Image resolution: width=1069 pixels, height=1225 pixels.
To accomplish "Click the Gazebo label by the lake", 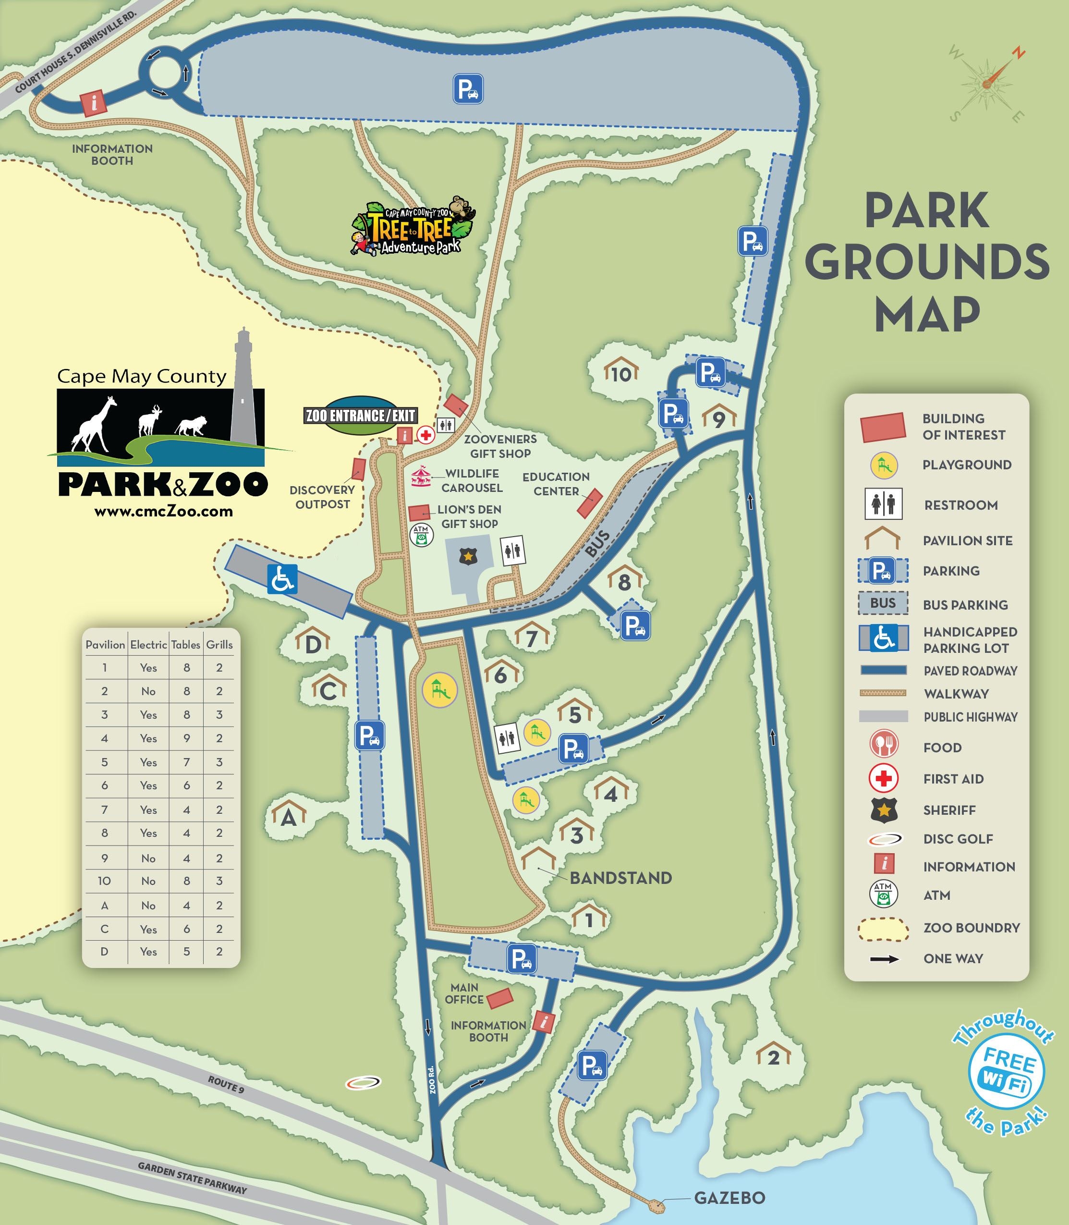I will pyautogui.click(x=729, y=1198).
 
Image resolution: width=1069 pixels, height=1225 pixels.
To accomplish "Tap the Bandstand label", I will pyautogui.click(x=620, y=878).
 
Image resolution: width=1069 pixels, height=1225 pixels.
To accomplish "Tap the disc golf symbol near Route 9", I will pyautogui.click(x=363, y=1082).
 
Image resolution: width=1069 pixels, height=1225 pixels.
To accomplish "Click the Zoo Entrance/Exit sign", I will pyautogui.click(x=360, y=415).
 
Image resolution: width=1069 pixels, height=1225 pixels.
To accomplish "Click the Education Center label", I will pyautogui.click(x=556, y=484).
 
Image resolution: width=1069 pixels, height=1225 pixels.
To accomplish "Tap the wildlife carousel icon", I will pyautogui.click(x=421, y=476).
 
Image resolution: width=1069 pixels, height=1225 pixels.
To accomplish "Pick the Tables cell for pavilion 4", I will pyautogui.click(x=186, y=738).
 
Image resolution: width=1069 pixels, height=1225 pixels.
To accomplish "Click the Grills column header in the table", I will pyautogui.click(x=219, y=644).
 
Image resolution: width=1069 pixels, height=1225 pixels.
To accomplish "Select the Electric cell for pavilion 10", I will pyautogui.click(x=148, y=881).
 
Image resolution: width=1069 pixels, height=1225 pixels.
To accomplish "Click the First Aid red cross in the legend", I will pyautogui.click(x=884, y=778).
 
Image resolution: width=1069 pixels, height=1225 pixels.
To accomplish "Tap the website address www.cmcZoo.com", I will pyautogui.click(x=163, y=511).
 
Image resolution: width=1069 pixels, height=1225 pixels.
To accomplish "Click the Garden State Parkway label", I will pyautogui.click(x=192, y=1178).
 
